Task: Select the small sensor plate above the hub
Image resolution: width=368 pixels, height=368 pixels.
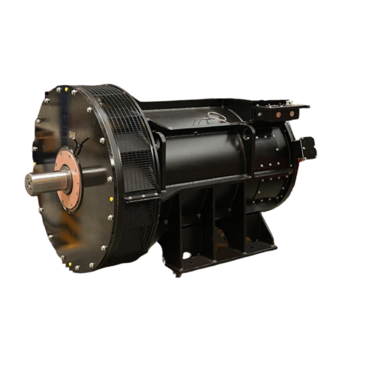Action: click(72, 134)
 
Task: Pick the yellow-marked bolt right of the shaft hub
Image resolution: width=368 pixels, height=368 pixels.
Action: click(110, 197)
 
